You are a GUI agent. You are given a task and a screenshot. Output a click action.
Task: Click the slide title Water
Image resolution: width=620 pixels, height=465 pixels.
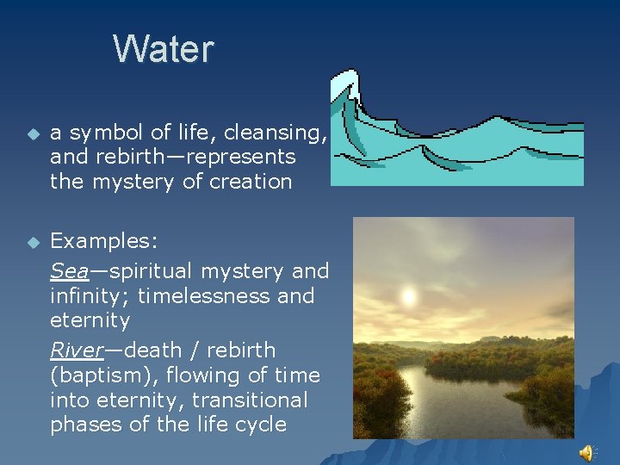click(163, 49)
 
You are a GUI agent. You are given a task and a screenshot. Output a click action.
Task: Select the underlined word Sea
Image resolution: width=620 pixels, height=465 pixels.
click(69, 270)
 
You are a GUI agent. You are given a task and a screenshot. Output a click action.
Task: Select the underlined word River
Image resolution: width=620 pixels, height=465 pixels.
click(75, 350)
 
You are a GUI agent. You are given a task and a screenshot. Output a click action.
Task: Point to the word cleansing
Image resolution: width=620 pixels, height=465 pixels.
click(277, 133)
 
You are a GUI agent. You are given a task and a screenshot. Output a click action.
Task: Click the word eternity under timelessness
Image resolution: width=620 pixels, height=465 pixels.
click(90, 320)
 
